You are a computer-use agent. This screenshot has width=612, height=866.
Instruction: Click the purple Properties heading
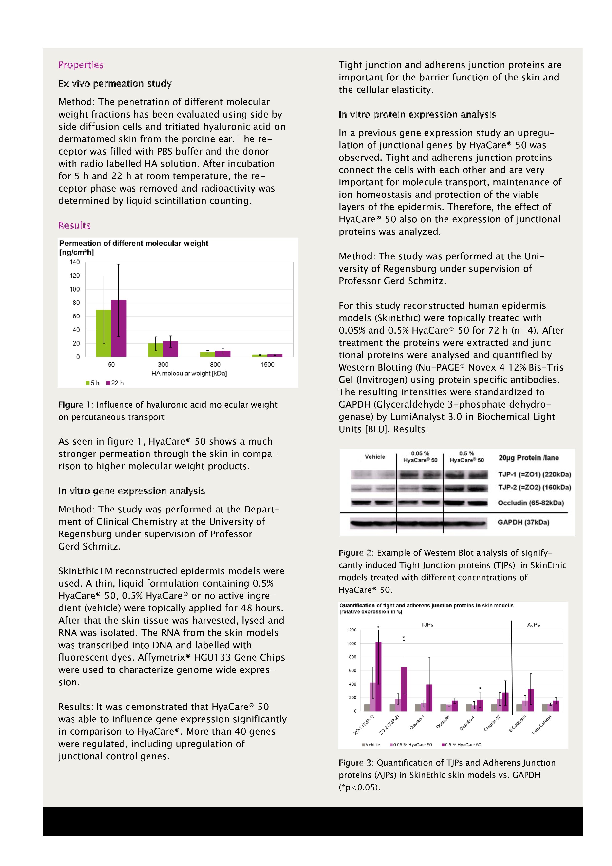(81, 65)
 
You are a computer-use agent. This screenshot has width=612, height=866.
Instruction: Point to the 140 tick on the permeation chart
(74, 262)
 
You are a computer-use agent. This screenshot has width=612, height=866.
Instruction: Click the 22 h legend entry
(115, 383)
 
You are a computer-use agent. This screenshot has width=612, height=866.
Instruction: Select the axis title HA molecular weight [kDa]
(189, 374)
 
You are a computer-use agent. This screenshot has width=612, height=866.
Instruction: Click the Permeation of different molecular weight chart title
(134, 243)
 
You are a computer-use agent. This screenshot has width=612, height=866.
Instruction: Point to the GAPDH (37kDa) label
(523, 522)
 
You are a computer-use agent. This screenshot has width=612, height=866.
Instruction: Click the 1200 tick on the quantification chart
(351, 630)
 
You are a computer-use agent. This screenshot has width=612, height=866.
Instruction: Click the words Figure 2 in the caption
(356, 553)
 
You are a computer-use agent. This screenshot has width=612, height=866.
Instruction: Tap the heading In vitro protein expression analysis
(417, 114)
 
